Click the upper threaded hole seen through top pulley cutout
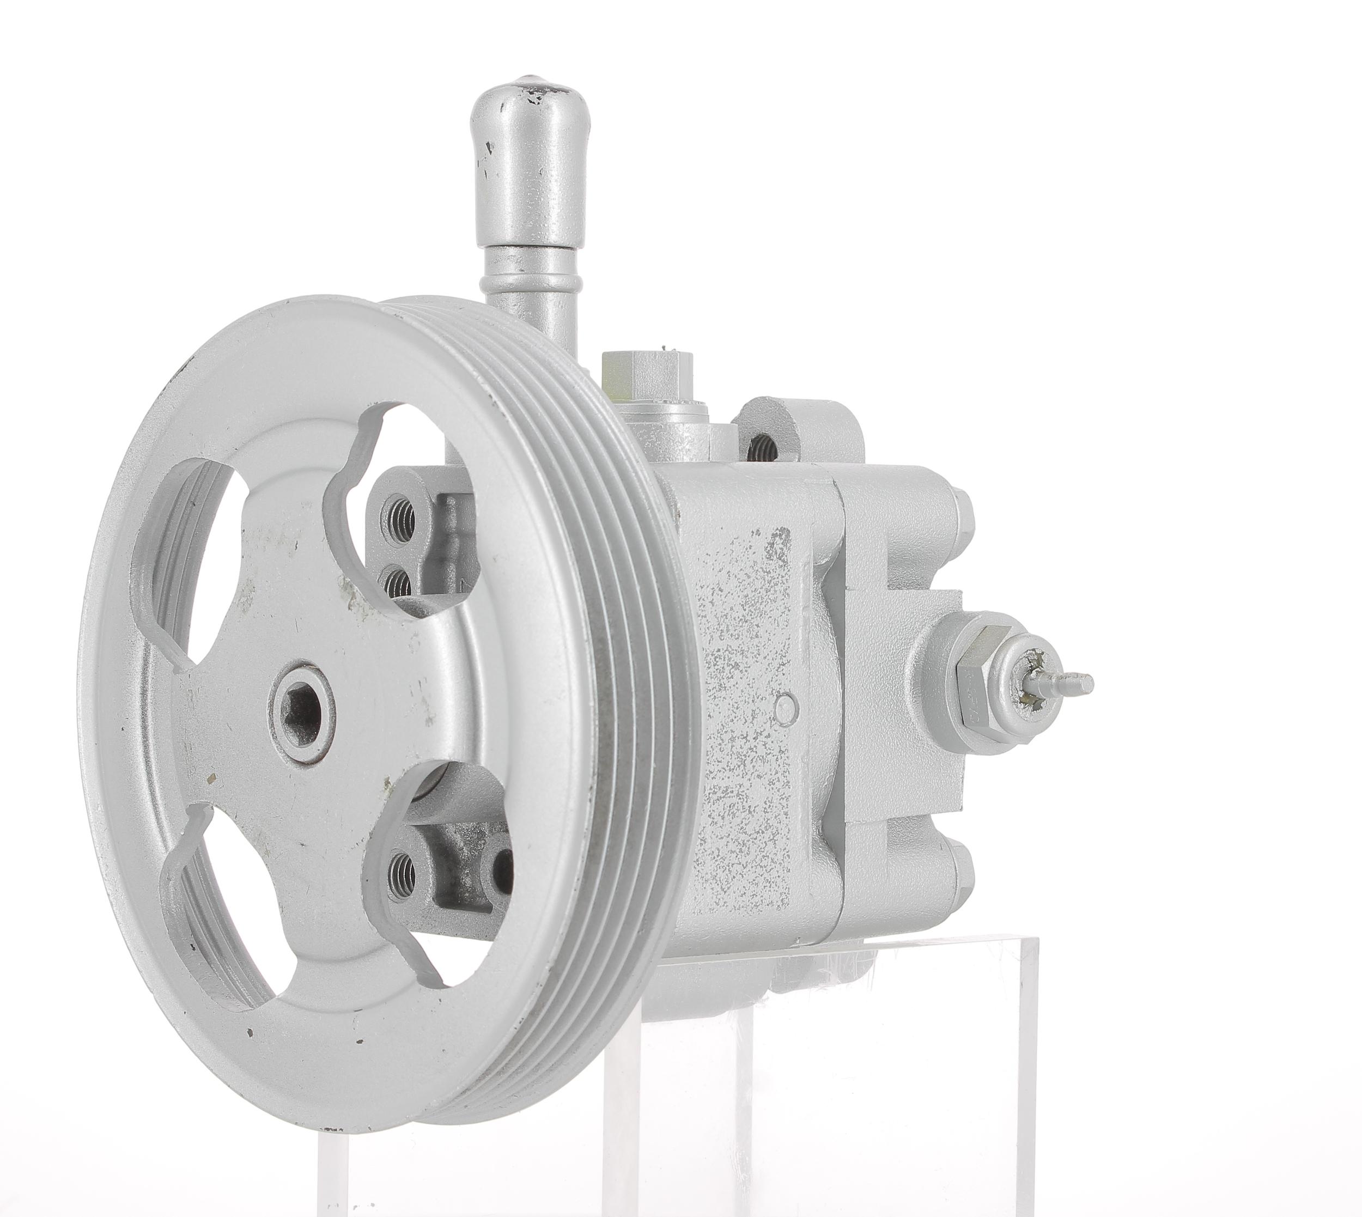400,515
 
